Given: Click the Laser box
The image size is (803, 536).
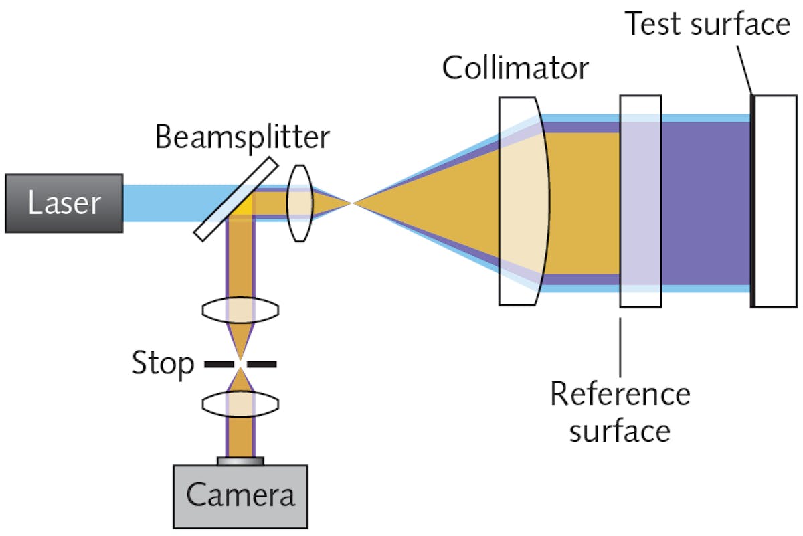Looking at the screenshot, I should (64, 203).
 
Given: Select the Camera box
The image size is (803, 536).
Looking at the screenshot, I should (240, 496).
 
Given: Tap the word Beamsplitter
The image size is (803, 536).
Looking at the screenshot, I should (242, 137).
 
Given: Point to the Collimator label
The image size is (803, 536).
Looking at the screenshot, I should (515, 68).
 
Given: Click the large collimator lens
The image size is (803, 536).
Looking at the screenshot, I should (525, 201).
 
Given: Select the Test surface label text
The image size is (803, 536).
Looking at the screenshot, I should (707, 25).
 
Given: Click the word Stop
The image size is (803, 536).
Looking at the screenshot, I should (163, 364).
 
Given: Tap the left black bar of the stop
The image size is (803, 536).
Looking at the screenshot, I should (218, 364).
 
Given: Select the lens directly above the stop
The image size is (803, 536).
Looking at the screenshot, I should (240, 310).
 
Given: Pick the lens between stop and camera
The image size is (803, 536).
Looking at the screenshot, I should (240, 406).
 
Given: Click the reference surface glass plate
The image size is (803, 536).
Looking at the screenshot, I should (640, 201).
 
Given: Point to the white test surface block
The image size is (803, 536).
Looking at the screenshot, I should (776, 201).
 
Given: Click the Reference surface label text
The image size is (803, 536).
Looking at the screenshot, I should (619, 412).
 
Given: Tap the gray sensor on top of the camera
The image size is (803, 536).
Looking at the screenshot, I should (240, 460).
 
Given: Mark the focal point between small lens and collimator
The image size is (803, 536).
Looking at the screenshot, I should (353, 202).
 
